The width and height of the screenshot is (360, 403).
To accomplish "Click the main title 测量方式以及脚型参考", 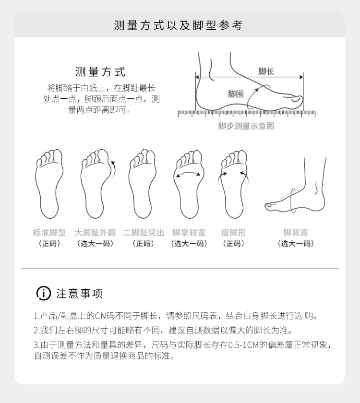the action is [178, 25].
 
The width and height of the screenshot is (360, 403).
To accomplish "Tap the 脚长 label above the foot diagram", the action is [266, 71].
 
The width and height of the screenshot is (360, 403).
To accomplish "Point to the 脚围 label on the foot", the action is [236, 94].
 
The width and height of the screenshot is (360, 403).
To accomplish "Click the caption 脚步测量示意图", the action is [246, 126].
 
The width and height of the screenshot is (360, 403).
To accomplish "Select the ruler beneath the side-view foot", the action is [247, 114].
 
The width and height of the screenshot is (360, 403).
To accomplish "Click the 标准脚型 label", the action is [49, 232].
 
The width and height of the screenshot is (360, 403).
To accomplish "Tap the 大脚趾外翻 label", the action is [95, 232].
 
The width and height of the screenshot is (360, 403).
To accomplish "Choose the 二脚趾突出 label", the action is [144, 232].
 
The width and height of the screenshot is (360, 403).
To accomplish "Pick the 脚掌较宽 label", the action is [189, 232].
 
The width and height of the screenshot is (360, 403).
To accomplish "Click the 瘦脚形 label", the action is [233, 232].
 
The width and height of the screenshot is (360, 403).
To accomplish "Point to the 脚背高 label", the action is [296, 232].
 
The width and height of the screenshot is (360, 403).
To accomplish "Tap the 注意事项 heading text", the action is [80, 293].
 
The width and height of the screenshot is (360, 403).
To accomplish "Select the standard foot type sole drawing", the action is [49, 184].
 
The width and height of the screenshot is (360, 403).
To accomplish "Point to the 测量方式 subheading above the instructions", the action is [100, 71].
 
